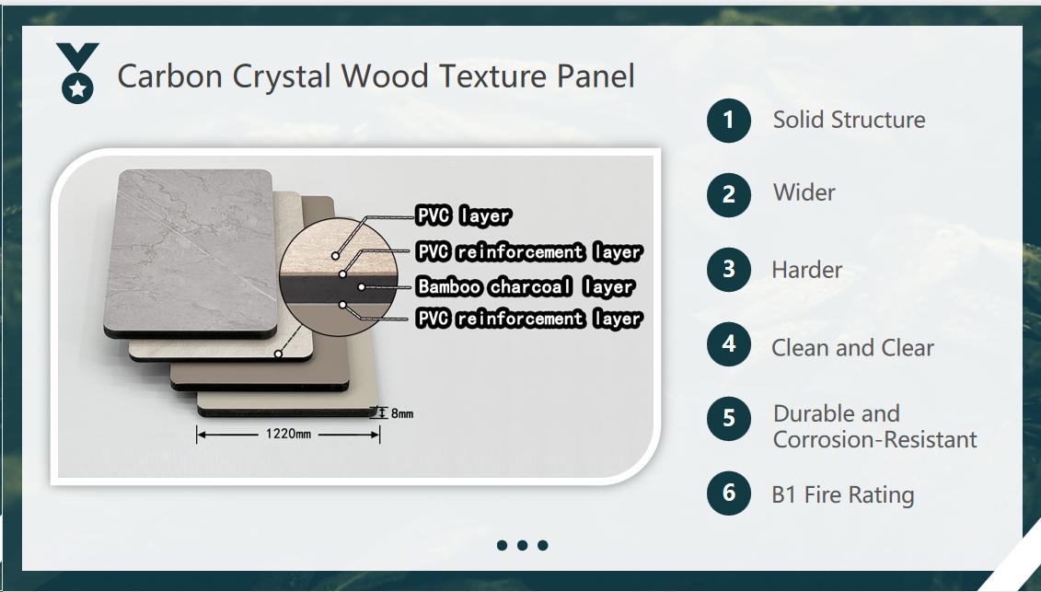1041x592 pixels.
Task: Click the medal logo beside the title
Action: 77,73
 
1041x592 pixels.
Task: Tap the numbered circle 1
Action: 728,121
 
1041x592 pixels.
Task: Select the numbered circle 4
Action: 728,344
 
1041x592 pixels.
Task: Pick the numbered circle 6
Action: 728,493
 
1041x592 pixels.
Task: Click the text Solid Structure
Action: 849,120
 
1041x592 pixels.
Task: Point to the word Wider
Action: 804,192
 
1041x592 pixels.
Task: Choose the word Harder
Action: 806,270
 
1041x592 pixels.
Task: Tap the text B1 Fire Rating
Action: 842,495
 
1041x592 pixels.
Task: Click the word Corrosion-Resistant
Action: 874,439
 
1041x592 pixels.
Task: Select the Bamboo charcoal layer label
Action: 526,286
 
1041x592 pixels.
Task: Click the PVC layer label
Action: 463,215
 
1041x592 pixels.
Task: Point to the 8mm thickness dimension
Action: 402,413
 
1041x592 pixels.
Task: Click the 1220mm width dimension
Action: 288,434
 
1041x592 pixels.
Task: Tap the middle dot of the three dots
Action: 523,545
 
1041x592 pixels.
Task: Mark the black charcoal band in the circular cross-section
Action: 338,288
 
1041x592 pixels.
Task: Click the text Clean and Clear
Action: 852,347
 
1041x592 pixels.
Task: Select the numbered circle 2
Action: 728,194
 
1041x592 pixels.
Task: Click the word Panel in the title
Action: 596,76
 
